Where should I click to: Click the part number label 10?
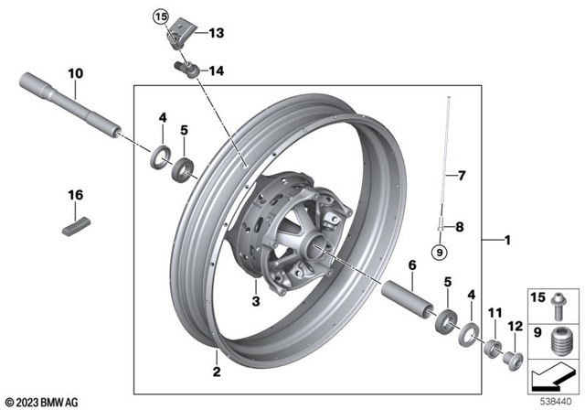click(74, 71)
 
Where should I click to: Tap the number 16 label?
click(74, 195)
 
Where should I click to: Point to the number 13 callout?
click(216, 33)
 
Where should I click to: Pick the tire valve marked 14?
click(183, 68)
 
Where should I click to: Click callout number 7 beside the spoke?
click(462, 173)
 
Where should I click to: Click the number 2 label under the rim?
click(216, 371)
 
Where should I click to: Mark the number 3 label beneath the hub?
click(256, 300)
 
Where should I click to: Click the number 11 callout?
click(495, 314)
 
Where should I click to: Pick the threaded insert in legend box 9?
click(559, 339)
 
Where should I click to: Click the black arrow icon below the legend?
click(552, 375)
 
